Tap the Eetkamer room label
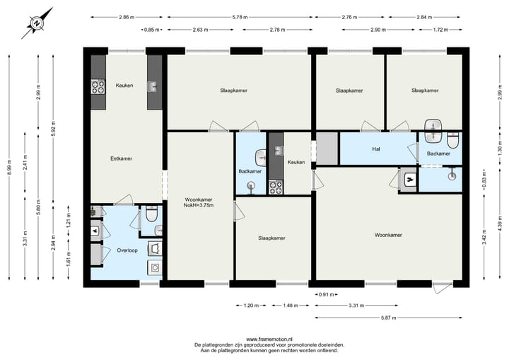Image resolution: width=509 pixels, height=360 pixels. tap(122, 158)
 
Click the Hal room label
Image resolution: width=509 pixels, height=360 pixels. tap(376, 149)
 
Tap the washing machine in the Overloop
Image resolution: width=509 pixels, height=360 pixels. tap(154, 267)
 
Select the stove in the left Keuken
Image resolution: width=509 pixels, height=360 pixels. tap(98, 87)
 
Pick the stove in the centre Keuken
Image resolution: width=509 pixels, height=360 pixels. tap(275, 187)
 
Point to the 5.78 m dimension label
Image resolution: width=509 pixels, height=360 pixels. tap(241, 16)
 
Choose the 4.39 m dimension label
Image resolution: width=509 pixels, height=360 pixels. tap(499, 226)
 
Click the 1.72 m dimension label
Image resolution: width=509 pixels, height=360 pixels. tap(440, 30)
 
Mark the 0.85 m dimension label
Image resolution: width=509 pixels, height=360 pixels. tap(151, 30)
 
